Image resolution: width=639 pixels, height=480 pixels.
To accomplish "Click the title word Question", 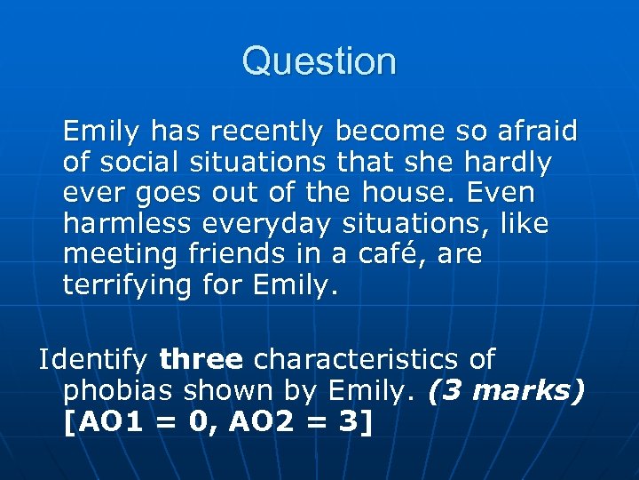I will [x=319, y=61].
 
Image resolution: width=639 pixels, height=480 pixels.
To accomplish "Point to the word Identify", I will [x=93, y=360].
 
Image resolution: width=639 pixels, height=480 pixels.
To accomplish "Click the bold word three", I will [x=201, y=360].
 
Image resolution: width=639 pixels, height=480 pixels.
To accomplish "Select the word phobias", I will [x=124, y=392].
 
